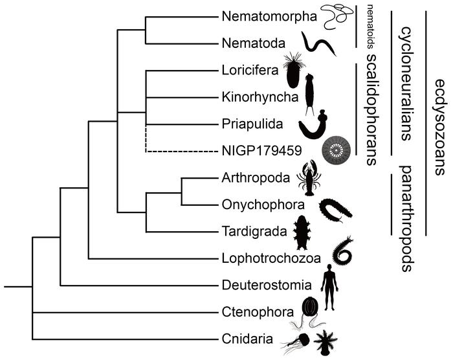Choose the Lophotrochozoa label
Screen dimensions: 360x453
click(x=271, y=258)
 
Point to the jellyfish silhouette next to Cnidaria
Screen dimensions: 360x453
click(x=300, y=340)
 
